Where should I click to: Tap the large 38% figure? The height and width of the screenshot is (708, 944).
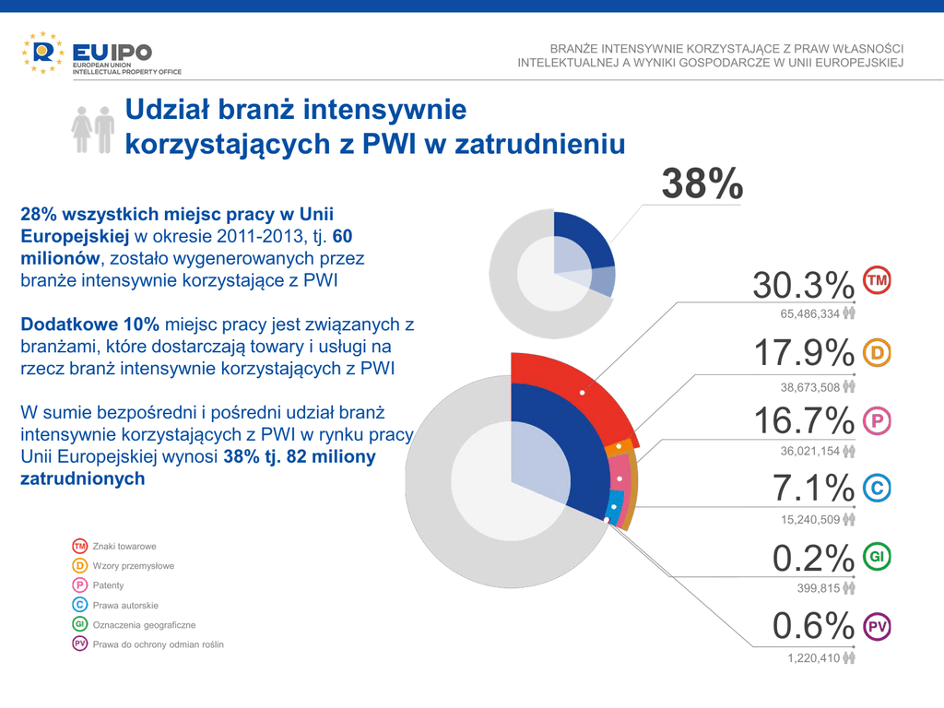click(702, 184)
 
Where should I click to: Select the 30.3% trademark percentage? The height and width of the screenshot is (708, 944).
click(803, 285)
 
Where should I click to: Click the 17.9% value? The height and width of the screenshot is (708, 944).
click(803, 353)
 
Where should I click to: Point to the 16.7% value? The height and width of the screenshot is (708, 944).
click(803, 421)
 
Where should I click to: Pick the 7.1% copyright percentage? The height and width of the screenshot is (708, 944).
click(814, 490)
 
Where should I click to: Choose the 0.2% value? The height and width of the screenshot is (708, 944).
click(814, 558)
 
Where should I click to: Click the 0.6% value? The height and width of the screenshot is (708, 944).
click(814, 627)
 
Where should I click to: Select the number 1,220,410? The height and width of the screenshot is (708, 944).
click(813, 658)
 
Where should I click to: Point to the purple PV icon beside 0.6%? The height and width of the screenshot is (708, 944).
click(878, 627)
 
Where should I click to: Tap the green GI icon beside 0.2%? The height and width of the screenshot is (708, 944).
click(878, 557)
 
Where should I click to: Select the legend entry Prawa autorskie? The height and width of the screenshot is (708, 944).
click(125, 606)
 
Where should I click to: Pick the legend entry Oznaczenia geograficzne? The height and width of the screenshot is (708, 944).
click(144, 625)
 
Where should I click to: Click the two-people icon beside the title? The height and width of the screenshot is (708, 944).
click(93, 129)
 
